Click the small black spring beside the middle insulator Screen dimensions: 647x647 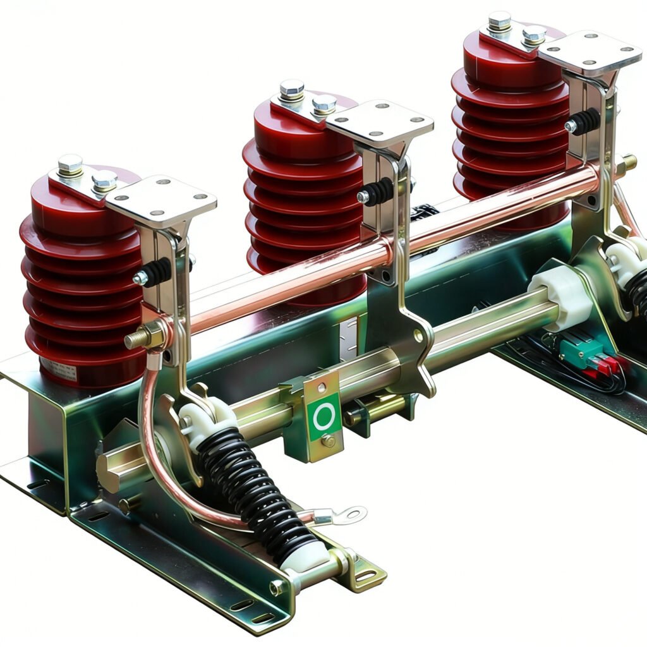click(378, 192)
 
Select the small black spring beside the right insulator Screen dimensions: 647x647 click(584, 121)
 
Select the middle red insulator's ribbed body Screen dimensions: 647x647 click(297, 190)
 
